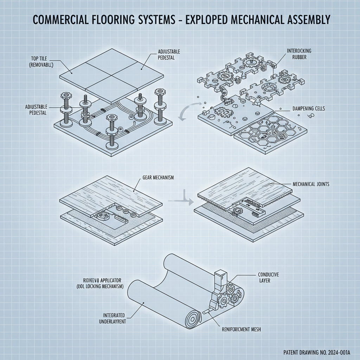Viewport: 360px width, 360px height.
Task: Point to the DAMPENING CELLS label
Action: click(x=309, y=109)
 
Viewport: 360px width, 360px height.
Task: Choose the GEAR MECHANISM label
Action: click(x=158, y=178)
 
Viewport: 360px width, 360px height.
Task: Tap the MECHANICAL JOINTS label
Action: click(x=311, y=184)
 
